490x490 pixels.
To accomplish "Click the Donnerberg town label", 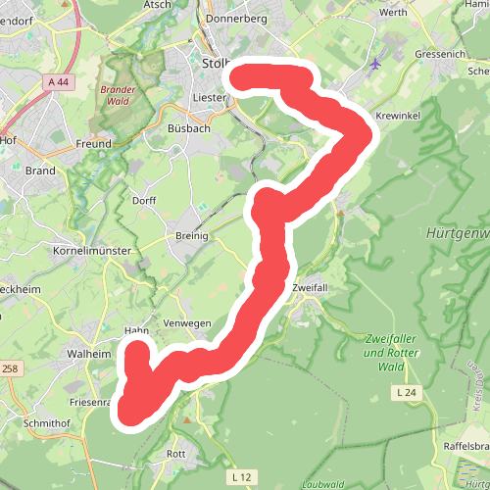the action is pos(237,18).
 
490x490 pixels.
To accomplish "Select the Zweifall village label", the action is pos(313,288).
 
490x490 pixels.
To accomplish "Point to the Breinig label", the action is pos(194,236).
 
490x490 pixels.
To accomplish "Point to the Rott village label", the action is pos(176,454).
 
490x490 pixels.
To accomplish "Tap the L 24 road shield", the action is pos(408,393).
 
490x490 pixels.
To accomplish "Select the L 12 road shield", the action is pos(242,476).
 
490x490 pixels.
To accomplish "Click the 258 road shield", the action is pos(9,368).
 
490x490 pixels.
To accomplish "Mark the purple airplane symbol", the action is pos(376,65).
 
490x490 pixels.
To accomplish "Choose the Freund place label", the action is pos(93,144).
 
